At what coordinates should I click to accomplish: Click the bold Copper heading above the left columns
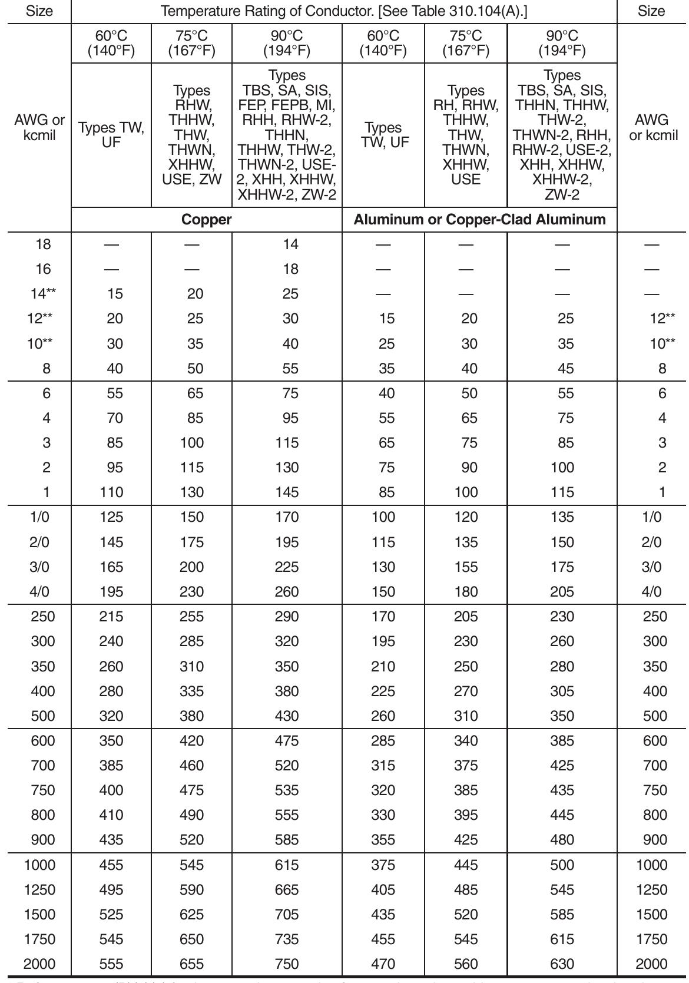click(x=206, y=220)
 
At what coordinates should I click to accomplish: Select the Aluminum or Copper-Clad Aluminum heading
click(x=479, y=220)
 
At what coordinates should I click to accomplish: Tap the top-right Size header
click(x=651, y=11)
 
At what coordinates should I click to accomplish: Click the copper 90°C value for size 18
click(x=290, y=244)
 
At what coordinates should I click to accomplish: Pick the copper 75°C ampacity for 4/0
click(x=192, y=591)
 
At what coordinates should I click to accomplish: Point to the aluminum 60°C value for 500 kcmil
click(x=383, y=716)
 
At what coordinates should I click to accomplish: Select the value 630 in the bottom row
click(x=562, y=964)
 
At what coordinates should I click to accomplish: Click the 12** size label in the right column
click(x=662, y=318)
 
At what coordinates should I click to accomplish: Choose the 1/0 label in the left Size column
click(x=39, y=517)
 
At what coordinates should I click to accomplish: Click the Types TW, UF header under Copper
click(x=111, y=135)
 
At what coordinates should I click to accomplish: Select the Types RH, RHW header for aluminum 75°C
click(x=466, y=135)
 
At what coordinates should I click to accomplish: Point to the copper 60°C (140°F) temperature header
click(x=111, y=44)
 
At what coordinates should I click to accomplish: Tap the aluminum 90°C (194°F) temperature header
click(x=562, y=44)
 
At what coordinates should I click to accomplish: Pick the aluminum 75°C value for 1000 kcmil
click(x=466, y=865)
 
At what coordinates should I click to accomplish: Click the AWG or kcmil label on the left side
click(x=39, y=127)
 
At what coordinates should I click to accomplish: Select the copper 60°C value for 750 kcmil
click(x=111, y=790)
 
